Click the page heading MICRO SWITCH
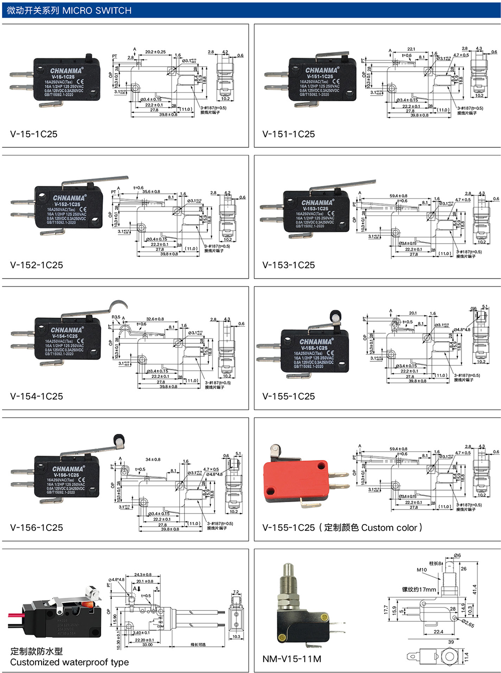coord(97,11)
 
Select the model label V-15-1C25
coord(34,134)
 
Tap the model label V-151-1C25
coord(289,134)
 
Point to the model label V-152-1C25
coord(37,265)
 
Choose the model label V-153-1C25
coord(289,265)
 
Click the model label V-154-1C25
coord(37,396)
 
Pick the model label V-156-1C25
coord(37,528)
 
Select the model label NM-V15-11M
coord(292,659)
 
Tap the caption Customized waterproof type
coord(69,662)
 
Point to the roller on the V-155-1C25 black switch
coord(335,317)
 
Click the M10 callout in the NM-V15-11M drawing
coord(422,570)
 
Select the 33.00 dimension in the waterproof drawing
coord(147,645)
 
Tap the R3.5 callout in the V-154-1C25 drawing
coord(116,317)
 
